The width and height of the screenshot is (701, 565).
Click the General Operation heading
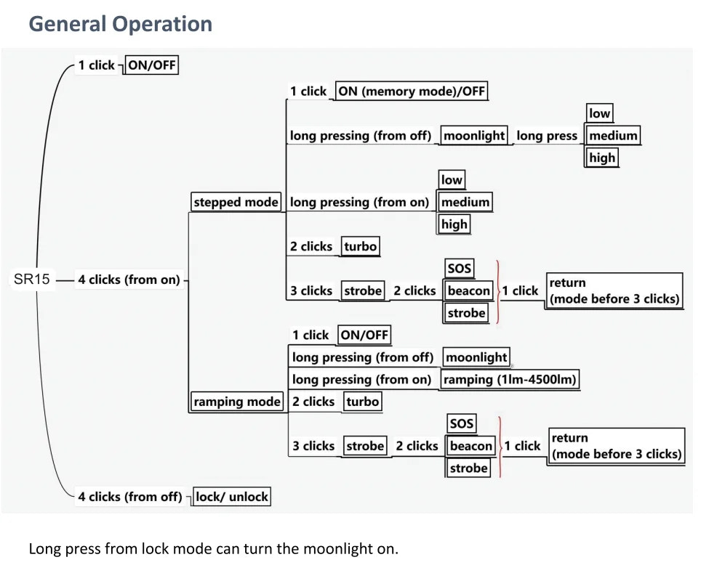(x=120, y=24)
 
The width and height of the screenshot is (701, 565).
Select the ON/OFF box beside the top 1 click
(x=151, y=65)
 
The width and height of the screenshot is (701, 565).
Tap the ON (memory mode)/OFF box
(x=411, y=92)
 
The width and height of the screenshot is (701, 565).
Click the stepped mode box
(x=236, y=202)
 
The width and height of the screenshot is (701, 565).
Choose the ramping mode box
(x=236, y=402)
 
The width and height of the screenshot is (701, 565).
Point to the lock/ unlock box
(x=231, y=497)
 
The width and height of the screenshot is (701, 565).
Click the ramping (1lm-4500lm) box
(x=510, y=380)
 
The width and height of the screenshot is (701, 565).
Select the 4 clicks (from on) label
(x=129, y=280)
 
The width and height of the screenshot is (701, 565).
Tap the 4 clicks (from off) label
(x=129, y=497)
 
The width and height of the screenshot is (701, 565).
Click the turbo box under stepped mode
(x=361, y=247)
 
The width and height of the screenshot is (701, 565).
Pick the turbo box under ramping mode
(x=362, y=402)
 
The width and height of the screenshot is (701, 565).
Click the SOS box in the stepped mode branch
(x=460, y=269)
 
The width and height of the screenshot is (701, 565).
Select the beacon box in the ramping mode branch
(x=470, y=446)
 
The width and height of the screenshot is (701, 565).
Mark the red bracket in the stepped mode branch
(x=497, y=291)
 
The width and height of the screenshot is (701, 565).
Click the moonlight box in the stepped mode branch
(x=474, y=136)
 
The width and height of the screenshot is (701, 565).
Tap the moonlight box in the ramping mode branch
(x=476, y=357)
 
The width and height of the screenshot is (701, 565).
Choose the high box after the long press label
(x=601, y=158)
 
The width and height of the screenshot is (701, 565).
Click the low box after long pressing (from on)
(x=452, y=180)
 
